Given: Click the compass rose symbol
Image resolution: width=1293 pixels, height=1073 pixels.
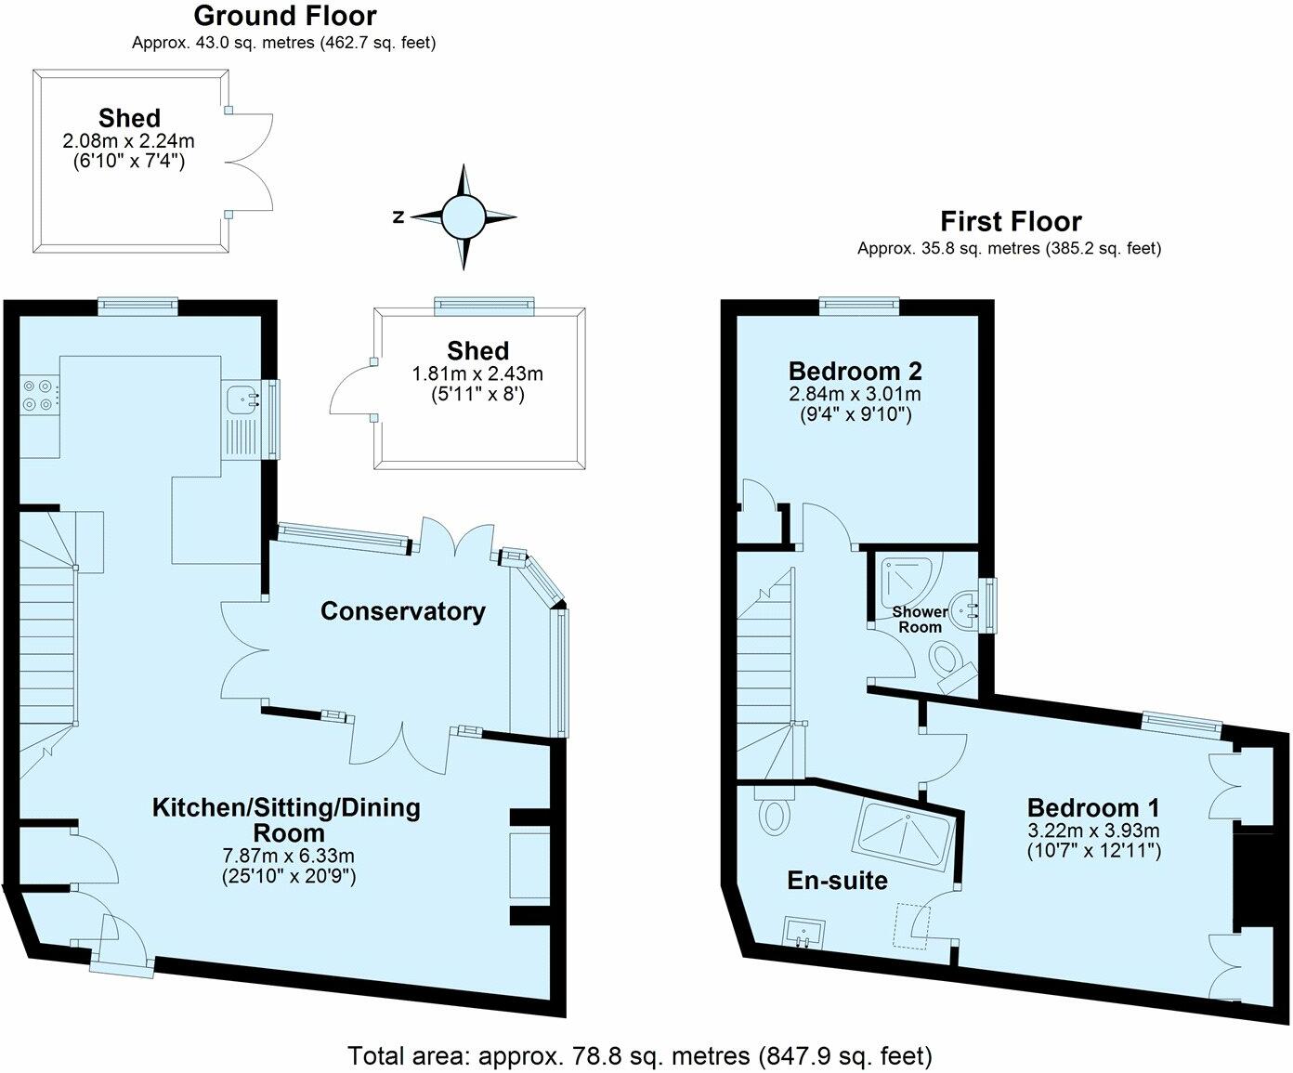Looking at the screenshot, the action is (463, 216).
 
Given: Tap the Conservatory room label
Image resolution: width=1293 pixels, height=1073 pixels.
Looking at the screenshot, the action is (402, 611).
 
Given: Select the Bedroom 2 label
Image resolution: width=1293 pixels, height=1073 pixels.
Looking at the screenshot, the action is (855, 371).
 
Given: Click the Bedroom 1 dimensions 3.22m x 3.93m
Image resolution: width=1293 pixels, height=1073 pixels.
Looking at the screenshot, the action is (1093, 831).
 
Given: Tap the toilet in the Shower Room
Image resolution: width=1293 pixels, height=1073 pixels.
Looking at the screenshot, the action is (952, 667).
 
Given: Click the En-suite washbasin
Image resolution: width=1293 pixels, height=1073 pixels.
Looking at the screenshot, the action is (803, 933).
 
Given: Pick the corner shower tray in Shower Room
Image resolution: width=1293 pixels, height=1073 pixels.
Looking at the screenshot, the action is (908, 585).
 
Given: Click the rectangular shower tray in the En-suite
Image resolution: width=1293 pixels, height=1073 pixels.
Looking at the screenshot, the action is (905, 836).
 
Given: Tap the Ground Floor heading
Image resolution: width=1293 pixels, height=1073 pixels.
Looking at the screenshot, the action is (285, 16).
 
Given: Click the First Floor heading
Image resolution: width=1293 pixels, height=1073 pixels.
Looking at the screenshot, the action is (1011, 221).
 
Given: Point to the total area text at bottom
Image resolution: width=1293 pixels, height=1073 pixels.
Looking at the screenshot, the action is (640, 1055).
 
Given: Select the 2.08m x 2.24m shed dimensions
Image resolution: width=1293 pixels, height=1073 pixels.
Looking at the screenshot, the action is (129, 140).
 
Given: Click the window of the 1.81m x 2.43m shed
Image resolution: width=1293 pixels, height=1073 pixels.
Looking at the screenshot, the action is (484, 306).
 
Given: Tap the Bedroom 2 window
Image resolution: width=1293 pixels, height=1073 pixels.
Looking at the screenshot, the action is (859, 305).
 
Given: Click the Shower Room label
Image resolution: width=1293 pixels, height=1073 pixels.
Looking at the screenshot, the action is (921, 619).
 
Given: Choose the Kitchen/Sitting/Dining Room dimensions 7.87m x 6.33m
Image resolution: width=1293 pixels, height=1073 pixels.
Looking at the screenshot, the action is (289, 856).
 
